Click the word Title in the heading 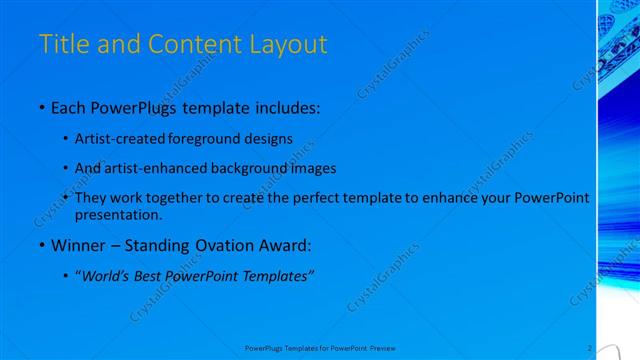pyautogui.click(x=62, y=45)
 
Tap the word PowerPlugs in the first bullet pyautogui.click(x=131, y=107)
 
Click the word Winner pyautogui.click(x=77, y=245)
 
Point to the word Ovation pyautogui.click(x=225, y=245)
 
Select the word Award pyautogui.click(x=286, y=245)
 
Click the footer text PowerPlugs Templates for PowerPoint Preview pyautogui.click(x=320, y=348)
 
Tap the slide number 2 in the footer pyautogui.click(x=590, y=347)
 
